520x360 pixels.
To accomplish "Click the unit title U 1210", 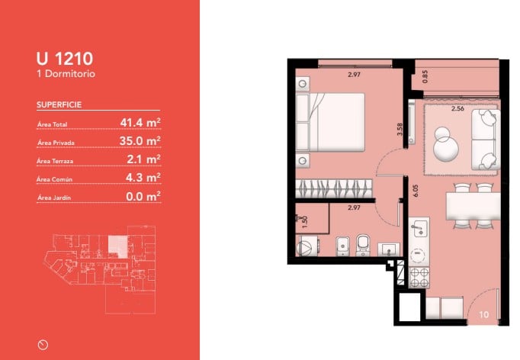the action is coord(65,59).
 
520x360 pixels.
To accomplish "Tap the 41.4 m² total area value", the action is coord(140,123).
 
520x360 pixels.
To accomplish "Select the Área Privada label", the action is coord(56,143).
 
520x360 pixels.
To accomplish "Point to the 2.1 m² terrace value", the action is coord(143,159).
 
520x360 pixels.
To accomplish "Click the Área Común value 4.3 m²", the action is coord(143,178).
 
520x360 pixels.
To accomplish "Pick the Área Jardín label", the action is coord(53,198).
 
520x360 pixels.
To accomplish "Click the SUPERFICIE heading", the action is coord(59,104).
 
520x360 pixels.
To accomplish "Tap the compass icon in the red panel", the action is coord(43,345).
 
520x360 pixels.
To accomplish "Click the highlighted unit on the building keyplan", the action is coord(117,246).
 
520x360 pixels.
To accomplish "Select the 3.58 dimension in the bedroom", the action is coord(400,129).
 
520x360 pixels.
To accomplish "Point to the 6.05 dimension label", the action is coord(416,191).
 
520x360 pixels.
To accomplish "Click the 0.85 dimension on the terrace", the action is coord(425,76).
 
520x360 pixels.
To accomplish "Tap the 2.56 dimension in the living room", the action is coord(457,108).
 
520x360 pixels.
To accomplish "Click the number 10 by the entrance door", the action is coord(484,314).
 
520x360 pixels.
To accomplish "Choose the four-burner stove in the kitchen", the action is coord(419,278).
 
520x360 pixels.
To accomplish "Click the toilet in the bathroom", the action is coord(363,245).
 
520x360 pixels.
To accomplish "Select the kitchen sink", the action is coord(419,228).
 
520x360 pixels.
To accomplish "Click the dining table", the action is coord(473,206).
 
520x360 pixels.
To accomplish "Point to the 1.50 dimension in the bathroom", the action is coord(305,222).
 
